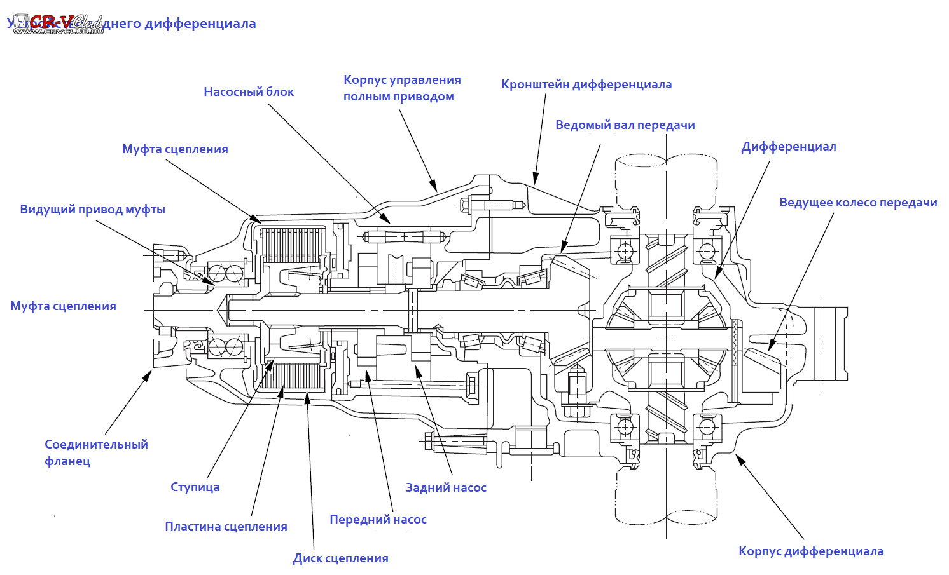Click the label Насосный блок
(x=249, y=92)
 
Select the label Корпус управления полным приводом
(x=401, y=88)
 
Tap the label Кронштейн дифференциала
(x=586, y=85)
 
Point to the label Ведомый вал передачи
(x=625, y=125)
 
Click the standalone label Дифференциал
(x=788, y=147)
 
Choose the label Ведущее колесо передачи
(x=857, y=203)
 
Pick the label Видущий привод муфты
(x=92, y=210)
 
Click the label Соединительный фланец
(x=95, y=452)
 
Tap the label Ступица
(x=195, y=487)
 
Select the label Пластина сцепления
(x=226, y=527)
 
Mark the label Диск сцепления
(x=340, y=558)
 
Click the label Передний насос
(x=378, y=520)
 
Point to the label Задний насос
(x=446, y=488)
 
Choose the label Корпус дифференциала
(x=810, y=551)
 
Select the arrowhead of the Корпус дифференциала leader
(x=738, y=457)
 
